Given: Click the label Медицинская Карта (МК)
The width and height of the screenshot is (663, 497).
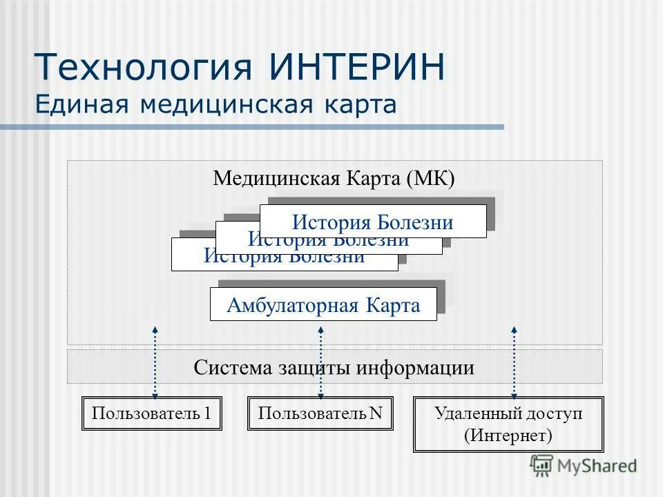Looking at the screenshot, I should [x=334, y=178].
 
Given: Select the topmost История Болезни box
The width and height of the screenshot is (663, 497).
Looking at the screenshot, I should [x=373, y=222].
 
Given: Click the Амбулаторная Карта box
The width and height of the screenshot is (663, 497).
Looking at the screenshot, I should [x=323, y=304].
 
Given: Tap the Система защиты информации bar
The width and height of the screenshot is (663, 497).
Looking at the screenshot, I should [x=334, y=367].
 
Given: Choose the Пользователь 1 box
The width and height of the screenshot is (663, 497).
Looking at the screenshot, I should [x=152, y=413].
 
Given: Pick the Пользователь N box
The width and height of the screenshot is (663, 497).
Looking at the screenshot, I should [x=320, y=413].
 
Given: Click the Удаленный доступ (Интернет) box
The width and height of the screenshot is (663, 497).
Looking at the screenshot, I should [x=508, y=424].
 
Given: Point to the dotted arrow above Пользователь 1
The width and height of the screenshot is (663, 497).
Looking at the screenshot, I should [x=155, y=362].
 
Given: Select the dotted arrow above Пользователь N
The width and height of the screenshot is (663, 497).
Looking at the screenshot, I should [x=320, y=362].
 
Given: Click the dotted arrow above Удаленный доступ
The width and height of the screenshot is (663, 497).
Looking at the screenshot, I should [x=514, y=362].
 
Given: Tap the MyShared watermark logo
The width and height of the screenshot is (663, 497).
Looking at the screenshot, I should [x=584, y=466].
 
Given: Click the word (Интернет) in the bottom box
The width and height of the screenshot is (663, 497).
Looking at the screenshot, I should [x=508, y=436].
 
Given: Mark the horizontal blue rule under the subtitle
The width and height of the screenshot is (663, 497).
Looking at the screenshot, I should [x=252, y=127].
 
